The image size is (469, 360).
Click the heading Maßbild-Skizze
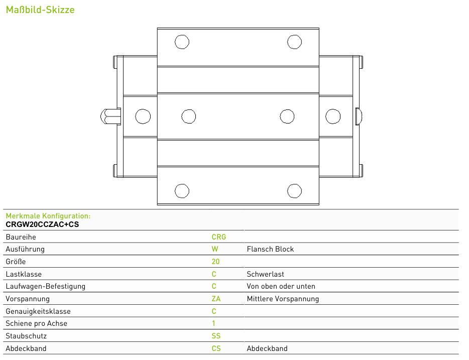40,10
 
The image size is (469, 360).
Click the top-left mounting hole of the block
182,42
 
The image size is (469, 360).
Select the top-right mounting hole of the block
294,42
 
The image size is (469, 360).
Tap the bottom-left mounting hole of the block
182,191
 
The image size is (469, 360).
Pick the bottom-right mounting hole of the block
294,191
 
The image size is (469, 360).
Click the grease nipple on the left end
110,116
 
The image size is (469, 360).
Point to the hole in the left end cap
143,116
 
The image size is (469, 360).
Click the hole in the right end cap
333,116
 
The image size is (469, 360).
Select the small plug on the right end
359,116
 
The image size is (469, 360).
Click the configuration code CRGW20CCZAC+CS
42,224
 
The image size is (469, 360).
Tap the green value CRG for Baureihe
218,237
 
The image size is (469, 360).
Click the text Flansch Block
270,250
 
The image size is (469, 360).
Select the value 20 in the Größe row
215,262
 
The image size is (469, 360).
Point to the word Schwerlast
265,274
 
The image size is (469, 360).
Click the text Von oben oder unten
281,287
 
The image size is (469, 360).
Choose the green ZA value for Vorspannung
216,299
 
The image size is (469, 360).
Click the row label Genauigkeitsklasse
38,312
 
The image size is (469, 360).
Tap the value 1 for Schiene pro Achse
213,323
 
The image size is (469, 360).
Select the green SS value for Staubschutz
216,336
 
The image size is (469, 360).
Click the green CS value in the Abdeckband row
216,348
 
